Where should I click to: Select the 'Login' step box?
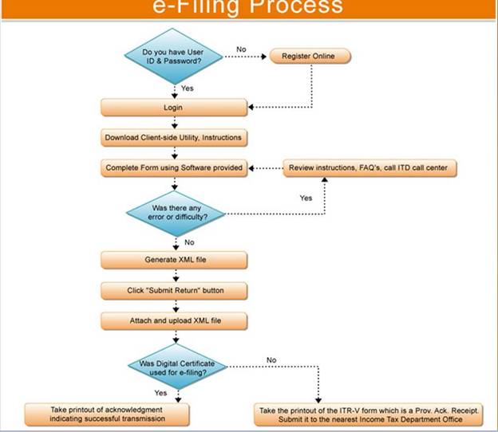coord(174,107)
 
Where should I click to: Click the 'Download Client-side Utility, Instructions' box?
coord(173,138)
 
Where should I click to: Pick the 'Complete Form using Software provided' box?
coord(173,168)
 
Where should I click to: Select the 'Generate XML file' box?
coord(173,260)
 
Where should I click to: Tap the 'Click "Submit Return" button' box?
coord(173,290)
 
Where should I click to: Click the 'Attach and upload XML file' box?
coord(173,320)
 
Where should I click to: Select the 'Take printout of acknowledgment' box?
coord(107,413)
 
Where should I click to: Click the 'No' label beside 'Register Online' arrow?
coord(242,49)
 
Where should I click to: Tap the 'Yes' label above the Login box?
coord(188,88)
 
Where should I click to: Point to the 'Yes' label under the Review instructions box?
coord(306,198)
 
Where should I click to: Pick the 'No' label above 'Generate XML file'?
coord(189,242)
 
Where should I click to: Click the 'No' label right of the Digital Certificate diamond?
coord(271,360)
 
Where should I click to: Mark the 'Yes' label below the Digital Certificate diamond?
coord(160,392)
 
